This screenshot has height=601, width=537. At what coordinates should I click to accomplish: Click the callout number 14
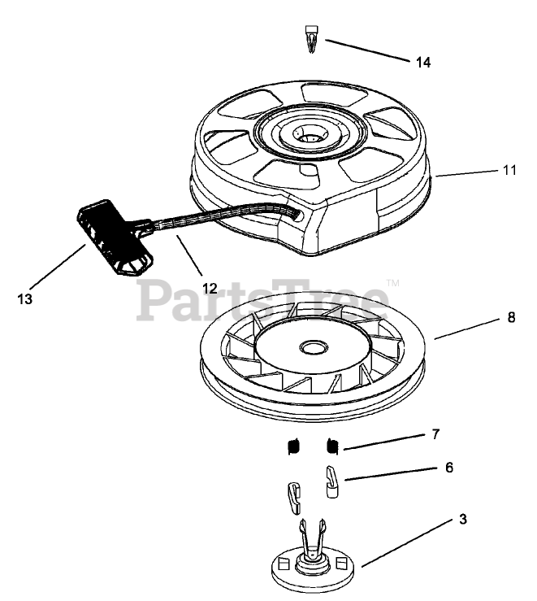point(422,63)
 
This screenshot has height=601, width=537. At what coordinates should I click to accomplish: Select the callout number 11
point(509,171)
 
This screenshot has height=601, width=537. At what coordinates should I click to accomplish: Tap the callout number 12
point(210,287)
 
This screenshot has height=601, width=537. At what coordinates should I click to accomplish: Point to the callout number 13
point(25,298)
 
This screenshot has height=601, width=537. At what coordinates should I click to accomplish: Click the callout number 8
point(510,318)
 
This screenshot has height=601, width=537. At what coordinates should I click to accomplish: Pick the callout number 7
point(435,434)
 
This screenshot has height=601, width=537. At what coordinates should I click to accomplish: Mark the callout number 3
point(462,518)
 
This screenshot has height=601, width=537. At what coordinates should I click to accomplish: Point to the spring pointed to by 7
point(331,445)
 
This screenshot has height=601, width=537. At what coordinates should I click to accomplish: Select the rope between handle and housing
point(211,217)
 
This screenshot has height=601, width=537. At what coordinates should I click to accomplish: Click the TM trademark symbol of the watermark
point(392,283)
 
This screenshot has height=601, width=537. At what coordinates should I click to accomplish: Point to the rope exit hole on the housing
point(301,215)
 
